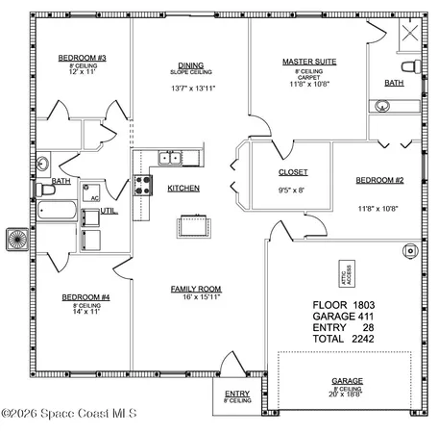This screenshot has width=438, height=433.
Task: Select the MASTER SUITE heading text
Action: click(x=306, y=62)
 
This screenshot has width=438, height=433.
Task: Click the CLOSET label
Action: click(x=293, y=172)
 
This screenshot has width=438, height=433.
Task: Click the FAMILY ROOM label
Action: click(x=196, y=289)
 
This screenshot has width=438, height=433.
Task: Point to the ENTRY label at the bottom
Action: click(x=236, y=394)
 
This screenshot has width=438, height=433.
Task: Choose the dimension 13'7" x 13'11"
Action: click(x=191, y=88)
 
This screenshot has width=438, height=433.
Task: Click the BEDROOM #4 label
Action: click(x=85, y=297)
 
